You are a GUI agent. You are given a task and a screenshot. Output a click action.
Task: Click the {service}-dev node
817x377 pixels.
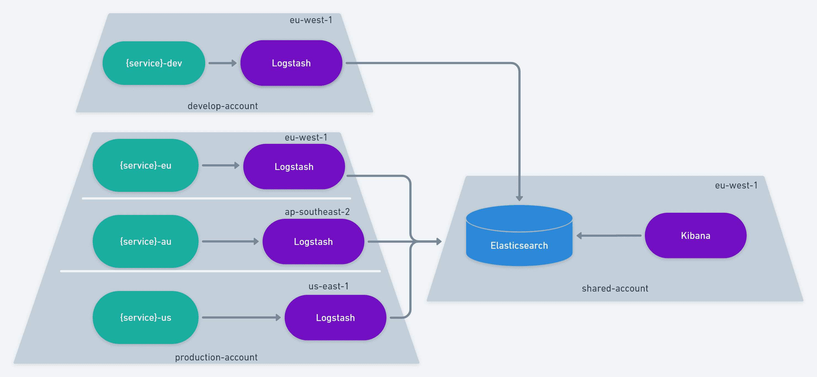coord(154,63)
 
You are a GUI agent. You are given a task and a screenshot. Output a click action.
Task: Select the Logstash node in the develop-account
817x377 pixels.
coord(291,63)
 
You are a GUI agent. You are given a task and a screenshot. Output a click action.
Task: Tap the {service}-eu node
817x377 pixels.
coord(146,165)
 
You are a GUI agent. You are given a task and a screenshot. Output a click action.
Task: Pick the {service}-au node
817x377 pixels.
coord(146,241)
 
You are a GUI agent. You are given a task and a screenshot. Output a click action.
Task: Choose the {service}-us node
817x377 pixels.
coord(146,317)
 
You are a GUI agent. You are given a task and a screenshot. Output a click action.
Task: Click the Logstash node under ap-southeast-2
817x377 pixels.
coord(313,242)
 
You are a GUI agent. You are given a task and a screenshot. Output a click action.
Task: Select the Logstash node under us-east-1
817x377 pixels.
coord(335,318)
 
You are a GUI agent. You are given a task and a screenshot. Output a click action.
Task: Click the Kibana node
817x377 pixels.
coord(696,235)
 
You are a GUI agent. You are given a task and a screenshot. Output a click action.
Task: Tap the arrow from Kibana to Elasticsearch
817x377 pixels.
coord(609,236)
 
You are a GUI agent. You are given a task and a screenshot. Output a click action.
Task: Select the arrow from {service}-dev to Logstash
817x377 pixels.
coord(222,63)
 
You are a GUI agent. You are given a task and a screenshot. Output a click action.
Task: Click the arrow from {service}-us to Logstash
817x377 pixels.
coord(241,317)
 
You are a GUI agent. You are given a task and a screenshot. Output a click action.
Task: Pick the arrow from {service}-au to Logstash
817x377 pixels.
coord(230,241)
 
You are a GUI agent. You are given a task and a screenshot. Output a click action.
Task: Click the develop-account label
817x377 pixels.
coord(223,106)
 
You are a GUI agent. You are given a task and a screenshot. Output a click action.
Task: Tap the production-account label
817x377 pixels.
coord(216,357)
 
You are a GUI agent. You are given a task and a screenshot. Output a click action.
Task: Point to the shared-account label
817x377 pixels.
coord(615,288)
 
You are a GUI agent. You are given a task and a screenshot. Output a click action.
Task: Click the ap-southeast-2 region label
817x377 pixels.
coord(317,212)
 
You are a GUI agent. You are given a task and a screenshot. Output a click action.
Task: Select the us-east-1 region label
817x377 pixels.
coord(329,286)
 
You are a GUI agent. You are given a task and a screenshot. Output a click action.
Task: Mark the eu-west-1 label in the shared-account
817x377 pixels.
coord(736,185)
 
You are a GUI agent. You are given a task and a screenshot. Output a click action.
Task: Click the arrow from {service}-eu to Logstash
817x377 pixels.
coord(220,165)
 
